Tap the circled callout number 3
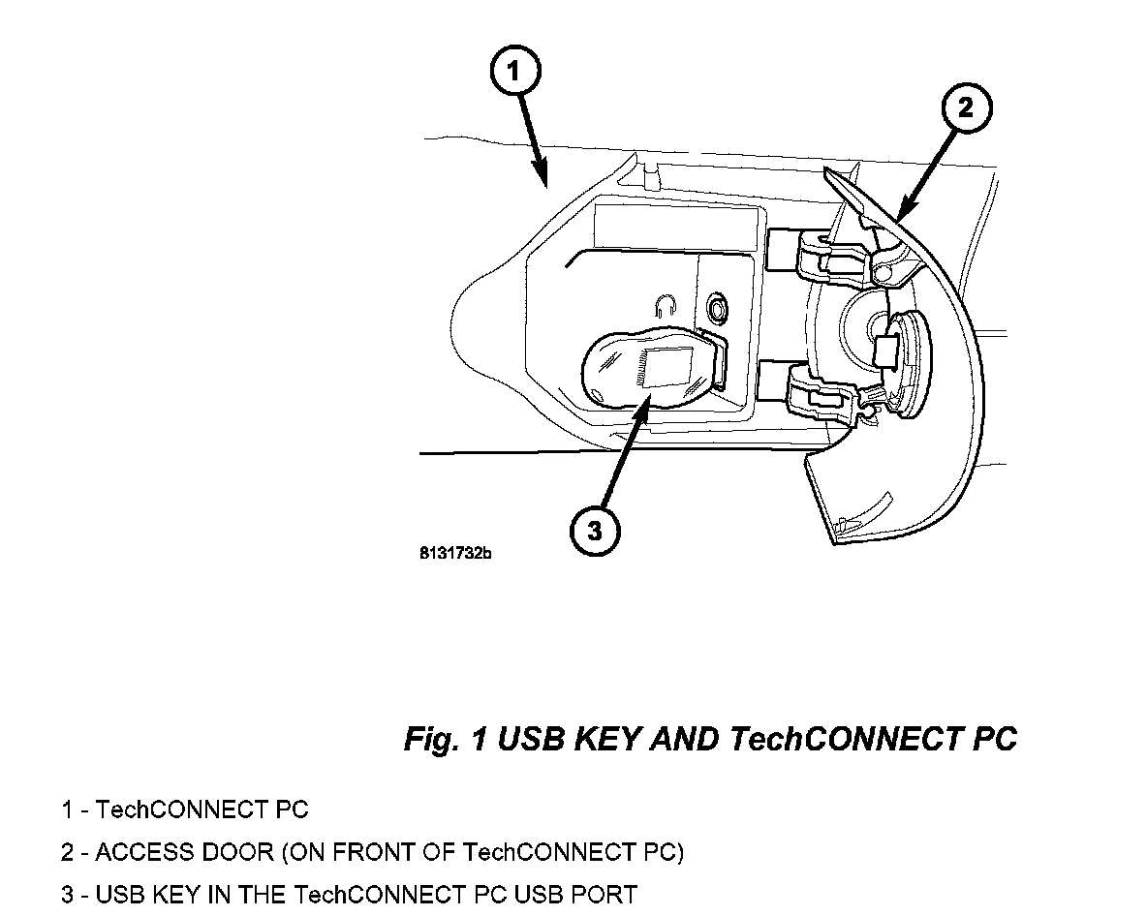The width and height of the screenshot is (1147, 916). pos(594,531)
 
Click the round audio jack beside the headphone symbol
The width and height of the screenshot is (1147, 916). pos(718,307)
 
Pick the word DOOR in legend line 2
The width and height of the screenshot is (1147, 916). pos(226,853)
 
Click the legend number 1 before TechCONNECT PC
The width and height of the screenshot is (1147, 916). pos(67,810)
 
